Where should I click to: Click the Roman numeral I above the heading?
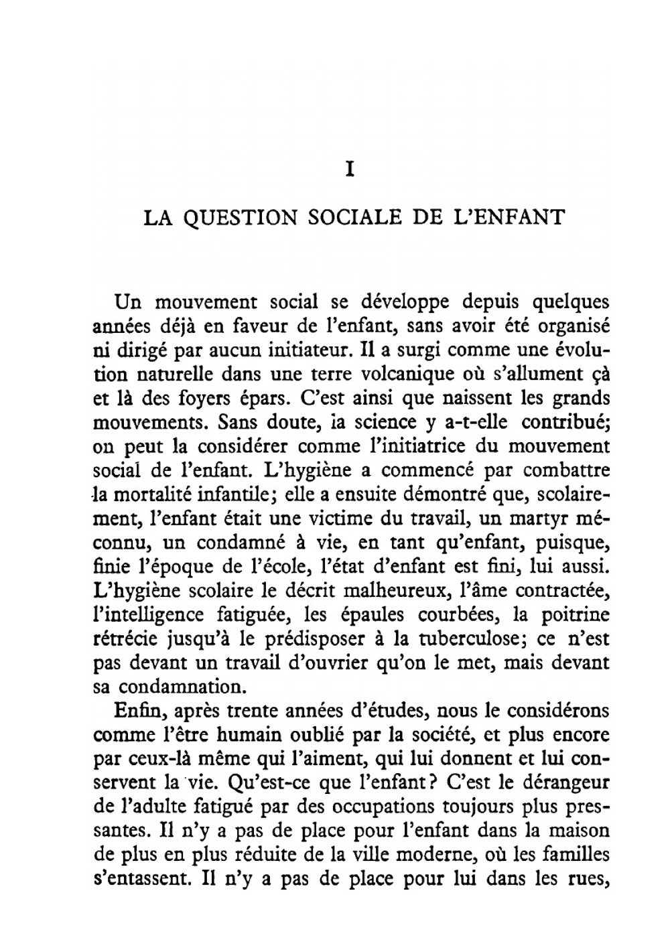(349, 170)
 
